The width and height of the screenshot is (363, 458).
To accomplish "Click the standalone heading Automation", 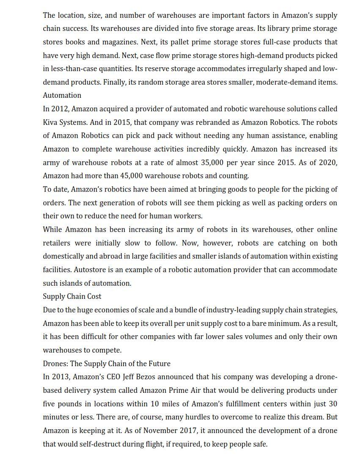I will click(x=62, y=95).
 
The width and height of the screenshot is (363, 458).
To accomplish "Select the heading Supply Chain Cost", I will click(x=72, y=296).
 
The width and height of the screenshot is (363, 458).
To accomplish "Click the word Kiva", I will click(x=51, y=122).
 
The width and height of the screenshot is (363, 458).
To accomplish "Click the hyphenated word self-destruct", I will click(x=98, y=444).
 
